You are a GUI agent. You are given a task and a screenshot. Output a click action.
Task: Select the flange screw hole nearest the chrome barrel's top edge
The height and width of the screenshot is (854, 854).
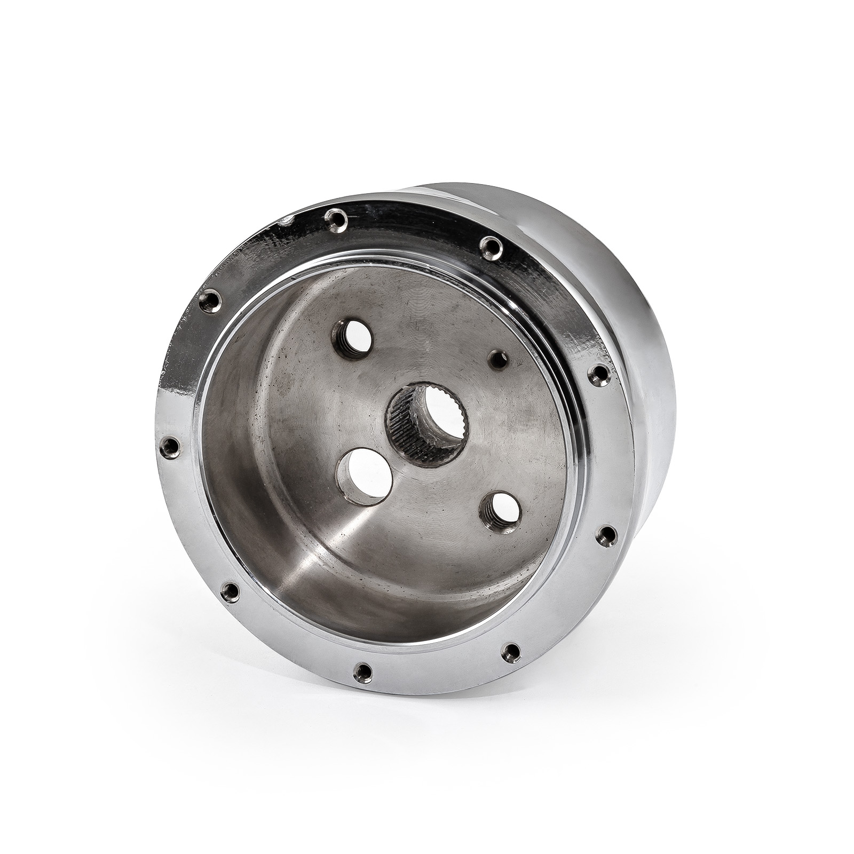pyautogui.click(x=488, y=246)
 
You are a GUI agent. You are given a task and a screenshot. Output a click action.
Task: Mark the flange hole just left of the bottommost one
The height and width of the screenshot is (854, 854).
pyautogui.click(x=230, y=590)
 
